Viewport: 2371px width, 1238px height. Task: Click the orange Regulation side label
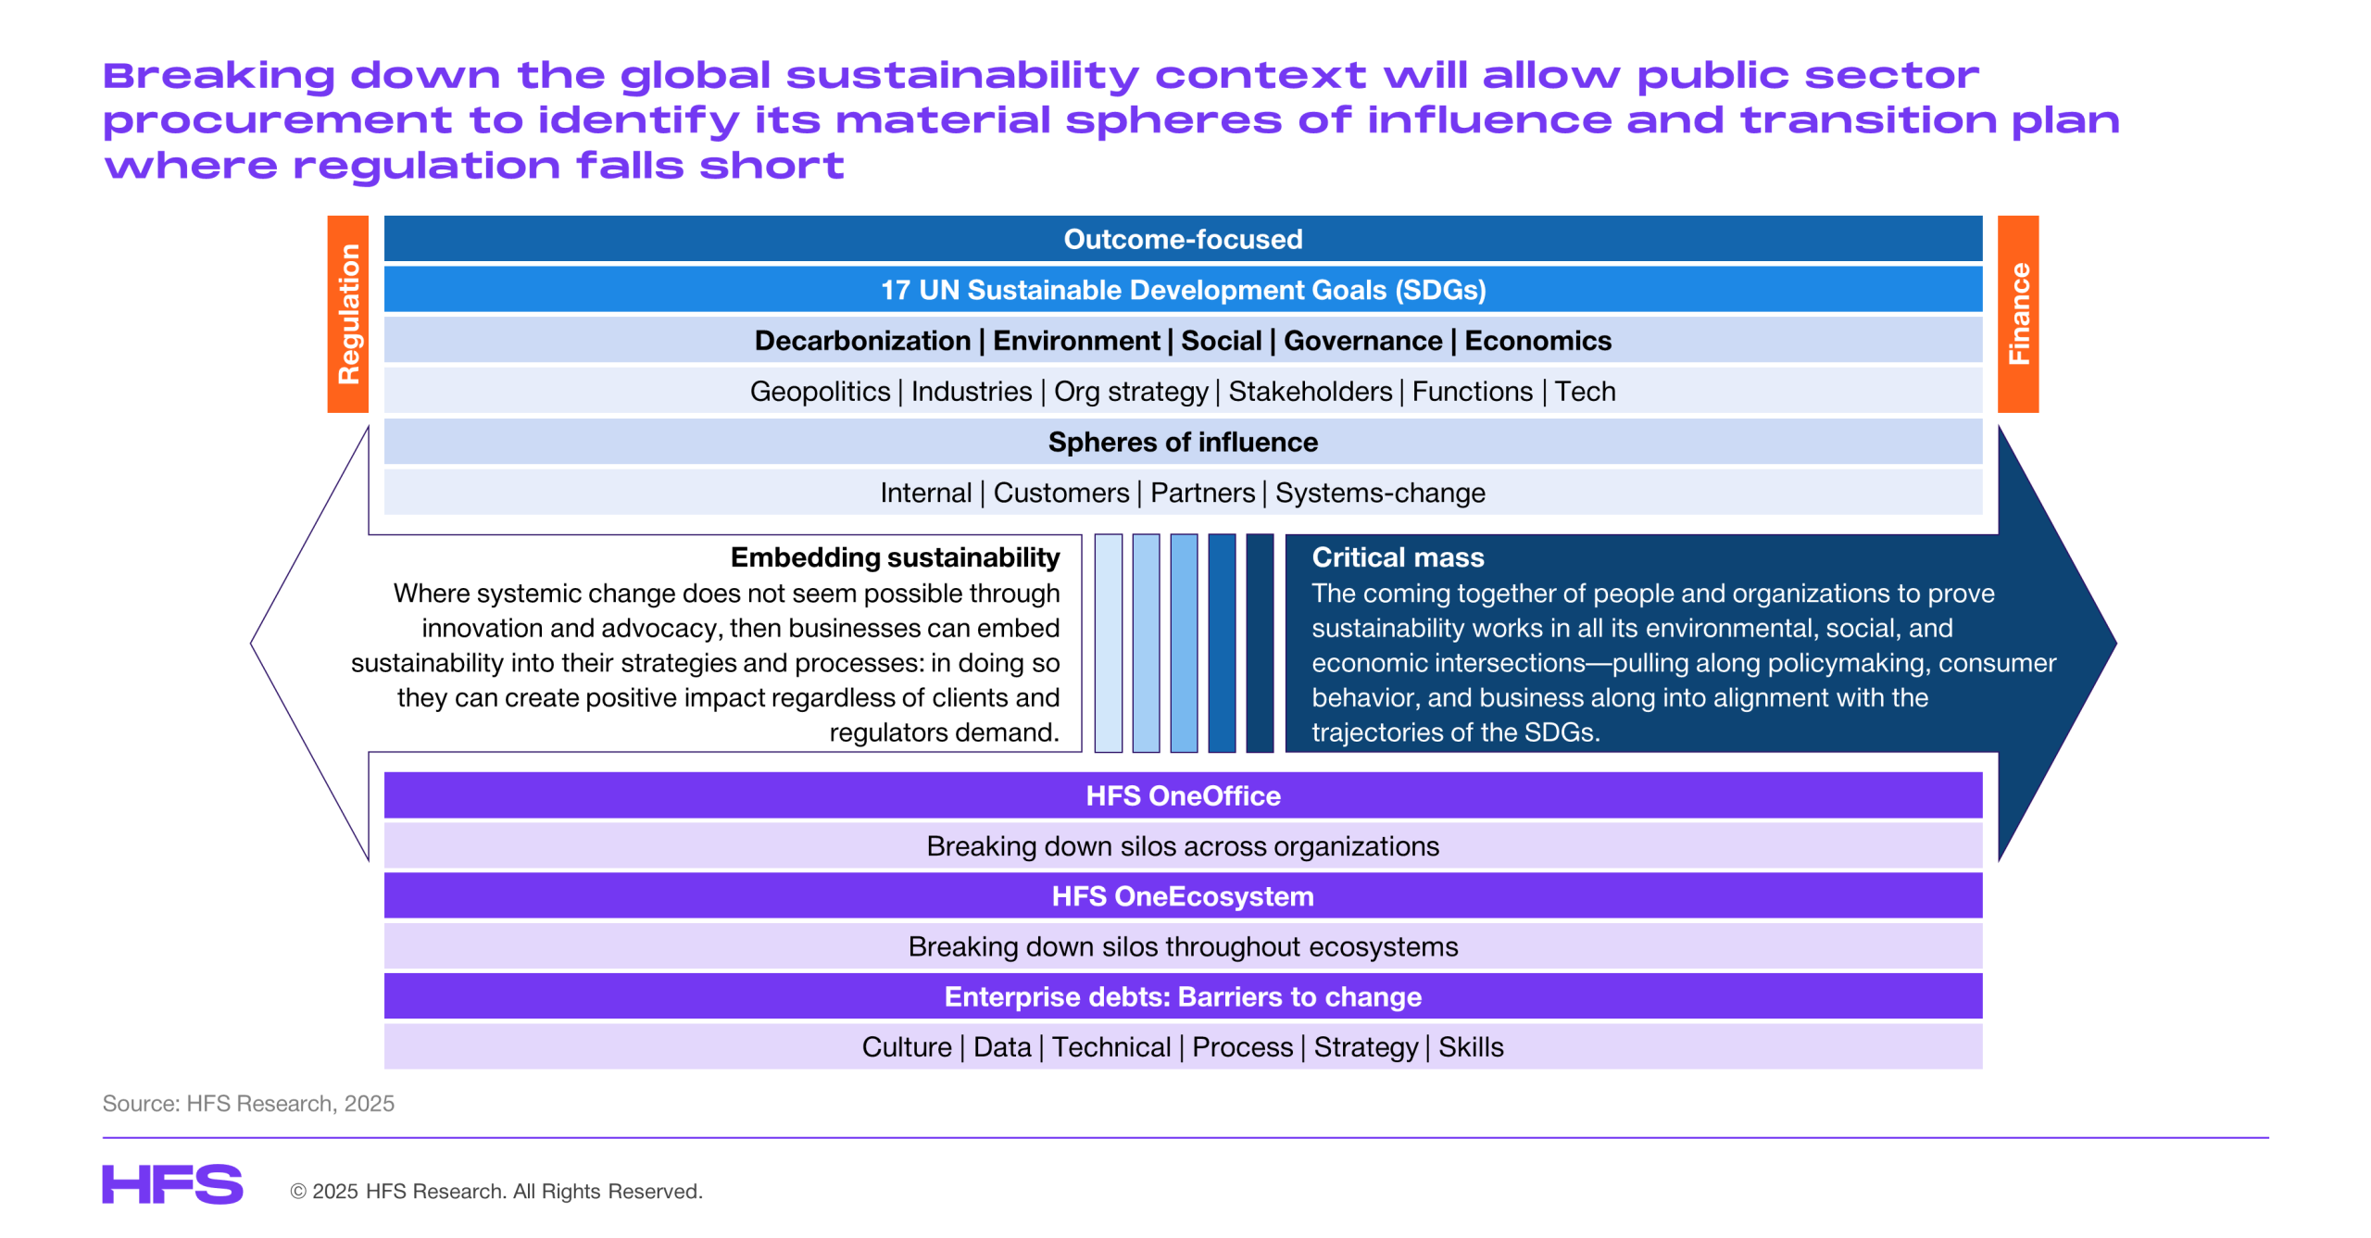coord(347,314)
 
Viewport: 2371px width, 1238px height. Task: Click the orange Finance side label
coord(2017,314)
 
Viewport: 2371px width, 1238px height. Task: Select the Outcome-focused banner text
coord(1183,239)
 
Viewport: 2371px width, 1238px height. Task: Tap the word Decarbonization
coord(862,341)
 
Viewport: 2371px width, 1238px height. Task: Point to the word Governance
coord(1362,341)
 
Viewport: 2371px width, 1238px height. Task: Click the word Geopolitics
coord(820,392)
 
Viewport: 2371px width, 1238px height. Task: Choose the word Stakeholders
coord(1310,392)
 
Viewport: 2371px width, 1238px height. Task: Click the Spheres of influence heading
coord(1183,443)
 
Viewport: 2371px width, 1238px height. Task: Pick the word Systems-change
coord(1380,493)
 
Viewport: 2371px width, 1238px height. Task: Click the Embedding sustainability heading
coord(895,557)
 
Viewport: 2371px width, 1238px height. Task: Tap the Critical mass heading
coord(1398,557)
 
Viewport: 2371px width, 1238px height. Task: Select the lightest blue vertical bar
coord(1108,643)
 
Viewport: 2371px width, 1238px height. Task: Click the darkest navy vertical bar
coord(1260,643)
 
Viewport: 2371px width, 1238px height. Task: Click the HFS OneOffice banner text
coord(1183,795)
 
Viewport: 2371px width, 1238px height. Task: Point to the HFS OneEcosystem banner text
coord(1183,896)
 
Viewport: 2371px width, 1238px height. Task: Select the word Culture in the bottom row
coord(907,1047)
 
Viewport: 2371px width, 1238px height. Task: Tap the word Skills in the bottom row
coord(1471,1047)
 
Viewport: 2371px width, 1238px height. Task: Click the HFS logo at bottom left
coord(172,1184)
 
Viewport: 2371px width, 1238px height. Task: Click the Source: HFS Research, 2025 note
coord(248,1104)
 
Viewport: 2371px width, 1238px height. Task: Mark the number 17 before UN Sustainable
coord(895,291)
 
